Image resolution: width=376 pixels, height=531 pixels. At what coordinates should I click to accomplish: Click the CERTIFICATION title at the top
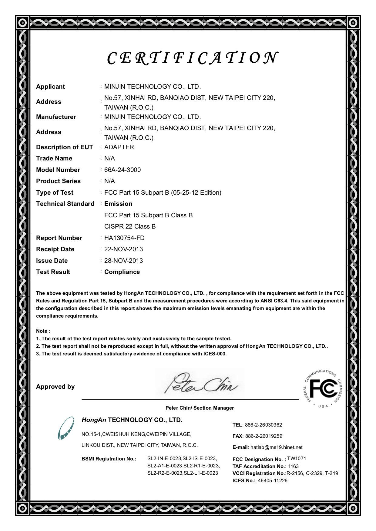click(x=192, y=58)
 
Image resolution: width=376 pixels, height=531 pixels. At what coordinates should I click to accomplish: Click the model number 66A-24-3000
click(x=123, y=170)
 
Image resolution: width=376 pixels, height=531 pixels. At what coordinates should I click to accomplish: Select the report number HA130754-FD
click(x=124, y=238)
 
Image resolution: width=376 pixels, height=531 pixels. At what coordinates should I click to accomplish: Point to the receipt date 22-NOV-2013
click(x=123, y=249)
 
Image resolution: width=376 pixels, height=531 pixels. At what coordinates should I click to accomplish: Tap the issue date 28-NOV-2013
click(x=123, y=261)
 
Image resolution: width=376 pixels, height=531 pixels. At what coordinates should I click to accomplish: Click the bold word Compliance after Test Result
click(x=122, y=272)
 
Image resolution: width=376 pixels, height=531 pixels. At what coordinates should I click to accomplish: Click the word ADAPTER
click(x=119, y=147)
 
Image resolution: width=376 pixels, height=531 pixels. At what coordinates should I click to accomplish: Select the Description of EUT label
click(x=64, y=147)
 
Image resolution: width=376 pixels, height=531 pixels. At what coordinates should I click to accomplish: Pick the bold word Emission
click(x=118, y=204)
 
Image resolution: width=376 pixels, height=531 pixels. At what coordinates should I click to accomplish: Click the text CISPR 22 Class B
click(x=130, y=226)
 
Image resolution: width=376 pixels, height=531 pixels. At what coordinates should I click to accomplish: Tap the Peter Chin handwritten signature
click(x=200, y=384)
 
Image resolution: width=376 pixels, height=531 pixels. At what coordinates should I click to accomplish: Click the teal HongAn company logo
click(x=66, y=428)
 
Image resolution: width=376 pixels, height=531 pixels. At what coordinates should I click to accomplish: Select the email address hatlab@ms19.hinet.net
click(x=276, y=447)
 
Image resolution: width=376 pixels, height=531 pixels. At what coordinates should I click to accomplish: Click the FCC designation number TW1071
click(x=297, y=459)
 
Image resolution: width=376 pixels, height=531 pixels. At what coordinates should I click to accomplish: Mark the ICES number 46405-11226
click(x=273, y=481)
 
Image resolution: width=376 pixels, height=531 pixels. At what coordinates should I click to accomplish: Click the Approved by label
click(x=55, y=387)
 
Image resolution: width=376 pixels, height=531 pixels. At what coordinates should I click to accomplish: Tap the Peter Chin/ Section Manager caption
click(x=200, y=408)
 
